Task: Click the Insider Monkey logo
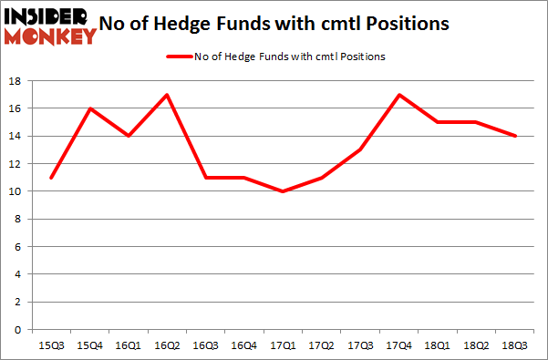tap(49, 26)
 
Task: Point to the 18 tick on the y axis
tap(16, 81)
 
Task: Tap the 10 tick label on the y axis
tap(16, 191)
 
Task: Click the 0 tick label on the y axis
tap(19, 330)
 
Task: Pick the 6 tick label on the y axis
tap(19, 247)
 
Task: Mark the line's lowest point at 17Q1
tap(281, 191)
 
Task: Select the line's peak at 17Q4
tap(398, 95)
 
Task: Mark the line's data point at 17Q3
tap(359, 149)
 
